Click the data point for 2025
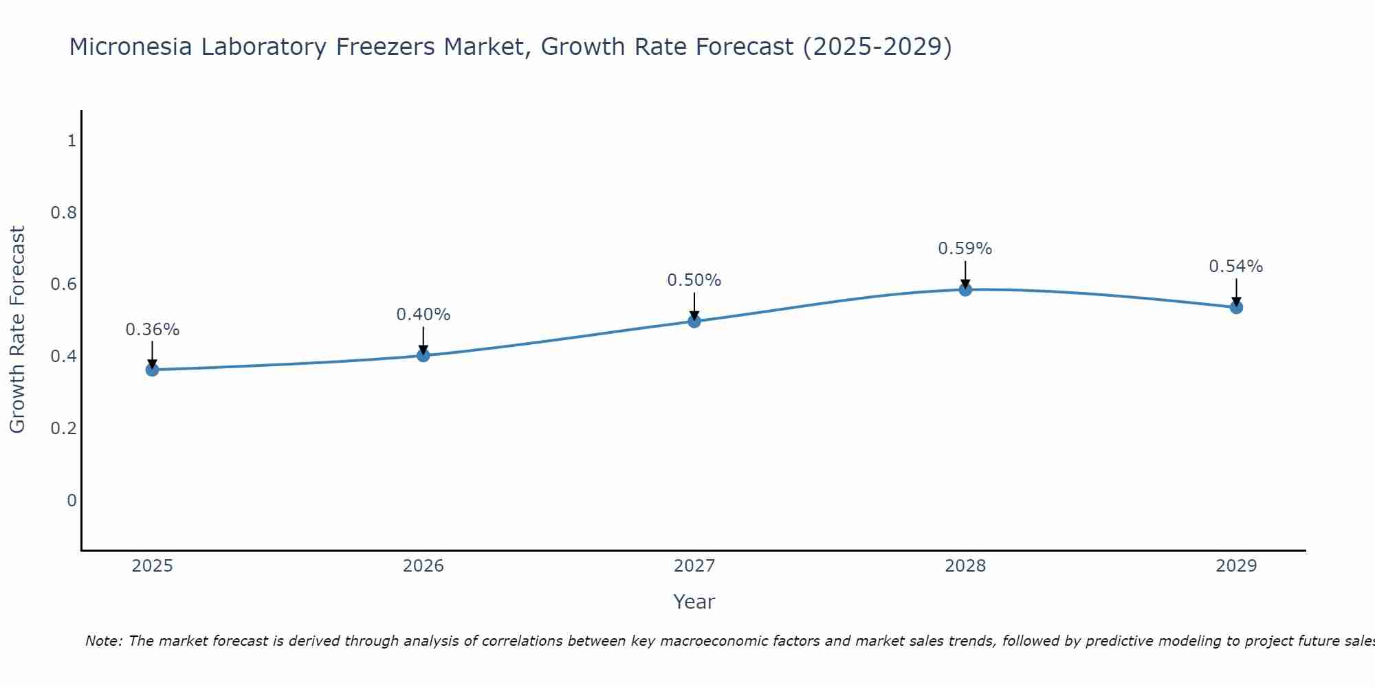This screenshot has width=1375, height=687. pos(152,370)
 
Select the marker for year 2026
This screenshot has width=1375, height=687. pos(423,355)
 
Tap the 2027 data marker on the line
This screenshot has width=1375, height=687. pos(694,321)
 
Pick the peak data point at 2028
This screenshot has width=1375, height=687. pos(965,289)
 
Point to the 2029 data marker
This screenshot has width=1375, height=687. pos(1236,307)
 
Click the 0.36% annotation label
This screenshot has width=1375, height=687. pos(152,330)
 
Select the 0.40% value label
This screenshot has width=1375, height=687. pos(423,315)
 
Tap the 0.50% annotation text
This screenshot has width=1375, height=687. pos(694,280)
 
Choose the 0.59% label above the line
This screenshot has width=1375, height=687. pos(965,249)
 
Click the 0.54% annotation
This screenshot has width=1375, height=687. pos(1236,267)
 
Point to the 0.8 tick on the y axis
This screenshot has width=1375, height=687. pos(63,213)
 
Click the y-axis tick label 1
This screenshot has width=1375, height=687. pos(71,141)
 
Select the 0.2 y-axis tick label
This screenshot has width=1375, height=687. pos(63,429)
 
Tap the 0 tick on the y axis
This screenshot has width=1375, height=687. pos(71,501)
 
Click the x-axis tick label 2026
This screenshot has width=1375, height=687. pos(423,566)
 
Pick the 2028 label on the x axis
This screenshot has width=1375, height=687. pos(965,566)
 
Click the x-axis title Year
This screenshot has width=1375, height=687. pos(694,602)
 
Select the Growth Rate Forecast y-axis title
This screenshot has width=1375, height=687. pos(18,330)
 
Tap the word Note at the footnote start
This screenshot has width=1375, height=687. pos(103,641)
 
